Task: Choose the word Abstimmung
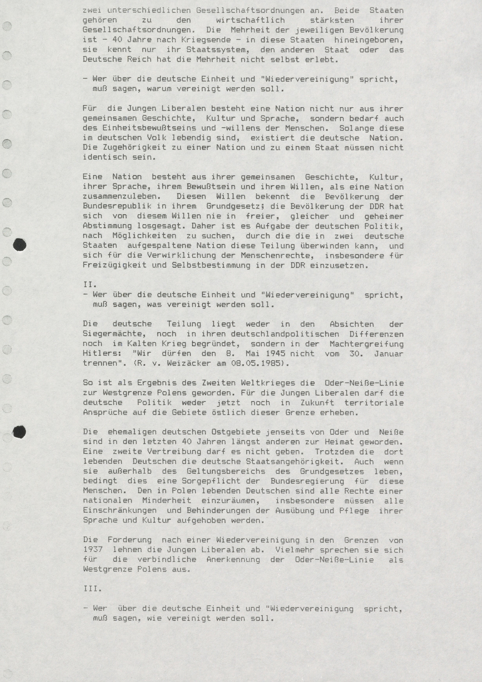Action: pos(107,226)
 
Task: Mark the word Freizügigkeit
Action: pos(114,265)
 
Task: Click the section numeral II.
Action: pos(90,285)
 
